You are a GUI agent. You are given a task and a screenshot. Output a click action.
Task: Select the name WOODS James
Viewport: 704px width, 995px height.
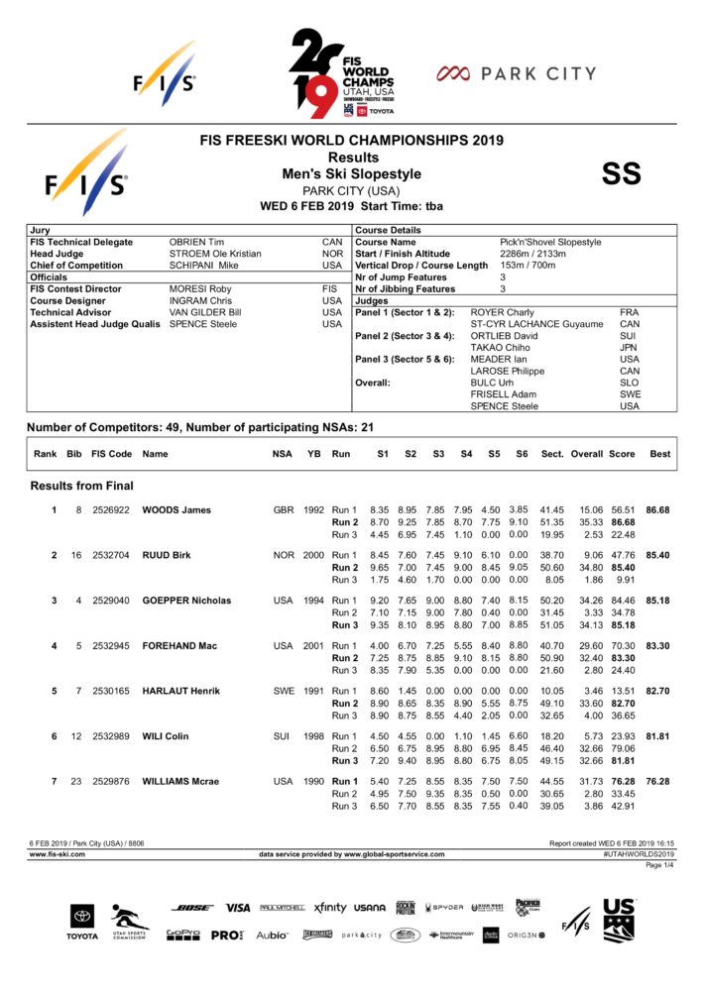coord(176,510)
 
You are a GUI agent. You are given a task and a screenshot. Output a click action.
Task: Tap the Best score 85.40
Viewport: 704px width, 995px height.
coord(657,555)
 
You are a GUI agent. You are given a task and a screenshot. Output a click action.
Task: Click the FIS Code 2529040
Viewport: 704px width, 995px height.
coord(111,601)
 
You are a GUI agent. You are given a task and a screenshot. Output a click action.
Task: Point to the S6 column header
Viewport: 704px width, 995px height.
coord(522,454)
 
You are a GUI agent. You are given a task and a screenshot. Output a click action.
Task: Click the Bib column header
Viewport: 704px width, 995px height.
coord(74,454)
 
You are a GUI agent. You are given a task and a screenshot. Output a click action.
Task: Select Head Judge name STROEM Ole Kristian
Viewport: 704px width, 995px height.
coord(215,254)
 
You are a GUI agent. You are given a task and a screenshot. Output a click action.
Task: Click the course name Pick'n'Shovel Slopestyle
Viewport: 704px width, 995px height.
coord(550,242)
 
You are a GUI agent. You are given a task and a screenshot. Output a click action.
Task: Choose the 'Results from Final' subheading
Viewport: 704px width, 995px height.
coord(82,486)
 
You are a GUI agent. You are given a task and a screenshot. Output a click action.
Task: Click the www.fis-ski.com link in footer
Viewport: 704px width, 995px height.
coord(57,853)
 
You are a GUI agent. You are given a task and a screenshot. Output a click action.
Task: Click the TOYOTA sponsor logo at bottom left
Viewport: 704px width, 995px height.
coord(82,921)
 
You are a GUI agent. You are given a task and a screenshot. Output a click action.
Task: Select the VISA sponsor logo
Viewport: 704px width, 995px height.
coord(238,907)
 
